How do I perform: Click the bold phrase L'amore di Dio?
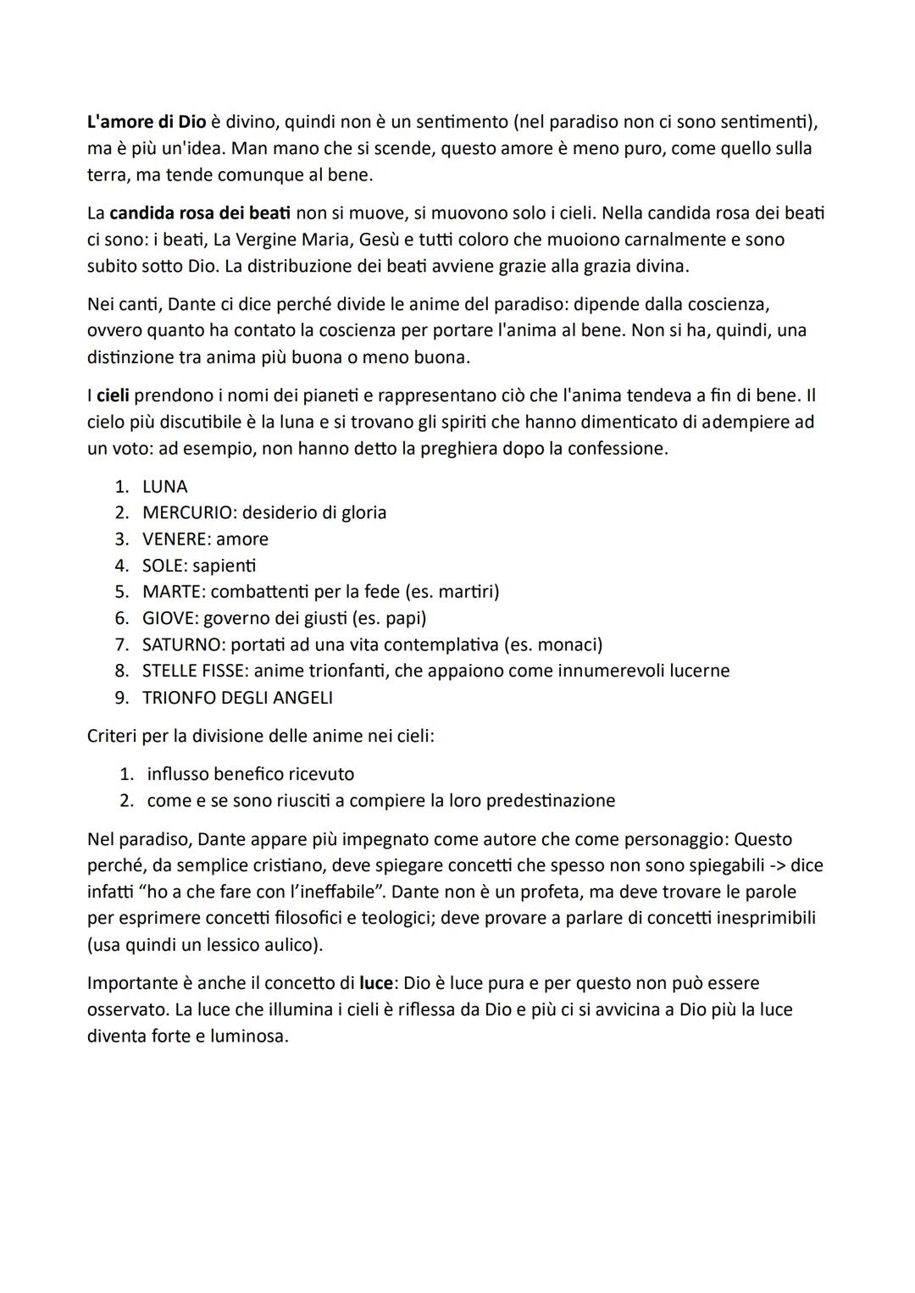click(147, 122)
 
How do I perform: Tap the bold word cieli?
click(113, 395)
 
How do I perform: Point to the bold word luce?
click(376, 983)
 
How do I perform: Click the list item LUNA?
click(165, 487)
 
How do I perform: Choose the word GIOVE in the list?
click(169, 618)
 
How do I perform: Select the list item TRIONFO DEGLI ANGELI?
click(237, 698)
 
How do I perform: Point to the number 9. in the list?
click(122, 698)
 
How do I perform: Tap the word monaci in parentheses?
click(568, 645)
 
